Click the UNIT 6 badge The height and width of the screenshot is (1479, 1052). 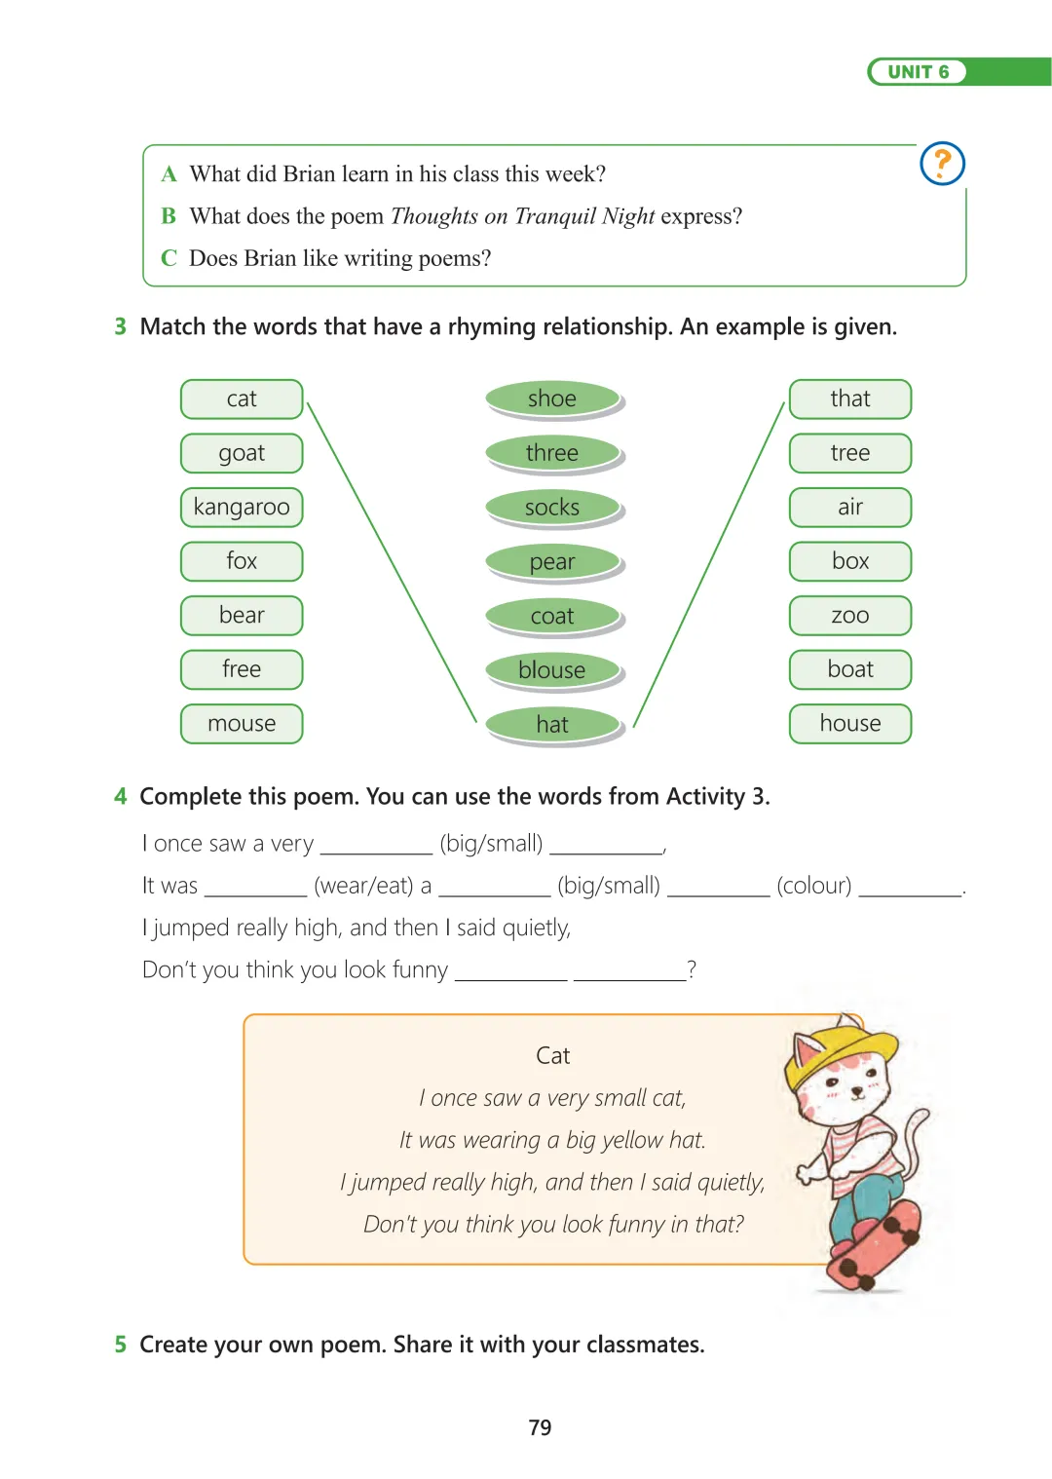pyautogui.click(x=918, y=72)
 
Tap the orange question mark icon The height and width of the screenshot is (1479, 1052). pyautogui.click(x=942, y=163)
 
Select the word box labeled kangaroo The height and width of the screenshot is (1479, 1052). pyautogui.click(x=242, y=507)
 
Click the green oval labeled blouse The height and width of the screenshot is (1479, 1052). pyautogui.click(x=552, y=670)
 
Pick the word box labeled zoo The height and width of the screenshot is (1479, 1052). pyautogui.click(x=850, y=616)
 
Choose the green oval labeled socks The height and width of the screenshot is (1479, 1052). pyautogui.click(x=552, y=508)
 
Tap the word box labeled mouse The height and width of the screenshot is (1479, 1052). pyautogui.click(x=242, y=724)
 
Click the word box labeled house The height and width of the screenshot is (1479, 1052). pyautogui.click(x=850, y=724)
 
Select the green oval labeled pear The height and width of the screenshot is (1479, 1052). pyautogui.click(x=552, y=562)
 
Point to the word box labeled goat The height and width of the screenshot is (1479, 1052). pyautogui.click(x=242, y=453)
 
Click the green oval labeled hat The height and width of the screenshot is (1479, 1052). pyautogui.click(x=552, y=725)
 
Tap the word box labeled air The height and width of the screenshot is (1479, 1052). pyautogui.click(x=850, y=507)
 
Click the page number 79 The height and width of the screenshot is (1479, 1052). pyautogui.click(x=540, y=1427)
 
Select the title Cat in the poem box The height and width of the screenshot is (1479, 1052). pyautogui.click(x=552, y=1055)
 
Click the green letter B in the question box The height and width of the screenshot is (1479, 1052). pyautogui.click(x=169, y=215)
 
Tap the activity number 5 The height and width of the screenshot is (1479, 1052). pyautogui.click(x=120, y=1345)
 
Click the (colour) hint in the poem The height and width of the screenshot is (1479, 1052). pyautogui.click(x=813, y=886)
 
